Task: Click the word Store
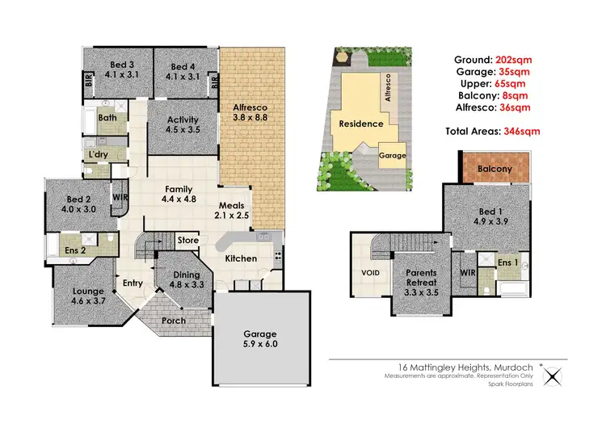187,240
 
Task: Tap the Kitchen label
241,258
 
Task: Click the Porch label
174,321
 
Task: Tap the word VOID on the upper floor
371,272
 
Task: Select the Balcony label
494,169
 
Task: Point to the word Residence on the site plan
360,124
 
